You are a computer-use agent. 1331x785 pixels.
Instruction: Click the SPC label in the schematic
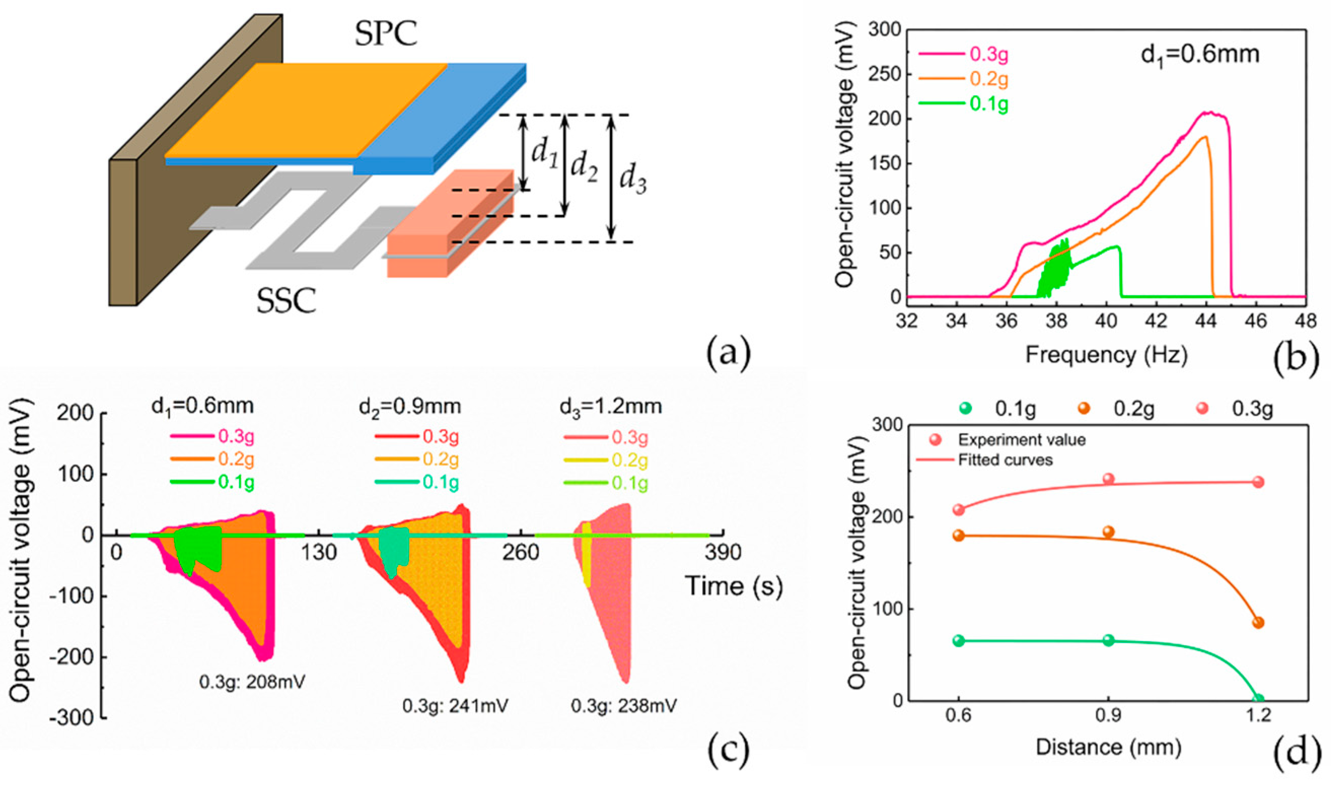pyautogui.click(x=385, y=34)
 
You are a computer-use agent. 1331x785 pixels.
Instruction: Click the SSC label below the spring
pyautogui.click(x=286, y=301)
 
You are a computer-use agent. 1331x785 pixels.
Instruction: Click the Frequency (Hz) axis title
pyautogui.click(x=1106, y=354)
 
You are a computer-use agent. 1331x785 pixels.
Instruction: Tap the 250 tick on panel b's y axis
pyautogui.click(x=884, y=74)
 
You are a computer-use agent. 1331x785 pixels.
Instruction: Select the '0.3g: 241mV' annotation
pyautogui.click(x=455, y=706)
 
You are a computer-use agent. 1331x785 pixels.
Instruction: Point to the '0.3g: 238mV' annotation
pyautogui.click(x=624, y=706)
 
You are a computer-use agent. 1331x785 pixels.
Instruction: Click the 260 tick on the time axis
pyautogui.click(x=520, y=553)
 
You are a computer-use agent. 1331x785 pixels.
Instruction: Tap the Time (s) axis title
pyautogui.click(x=734, y=586)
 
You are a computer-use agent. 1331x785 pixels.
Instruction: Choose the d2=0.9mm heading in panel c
pyautogui.click(x=410, y=406)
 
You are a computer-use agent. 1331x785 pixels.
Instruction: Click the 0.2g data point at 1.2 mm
pyautogui.click(x=1258, y=623)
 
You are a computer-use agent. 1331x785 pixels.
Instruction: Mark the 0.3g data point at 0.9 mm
pyautogui.click(x=1108, y=479)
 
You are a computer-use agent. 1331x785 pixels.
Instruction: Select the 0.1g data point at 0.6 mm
pyautogui.click(x=958, y=640)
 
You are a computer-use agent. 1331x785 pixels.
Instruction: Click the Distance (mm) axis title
pyautogui.click(x=1108, y=747)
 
